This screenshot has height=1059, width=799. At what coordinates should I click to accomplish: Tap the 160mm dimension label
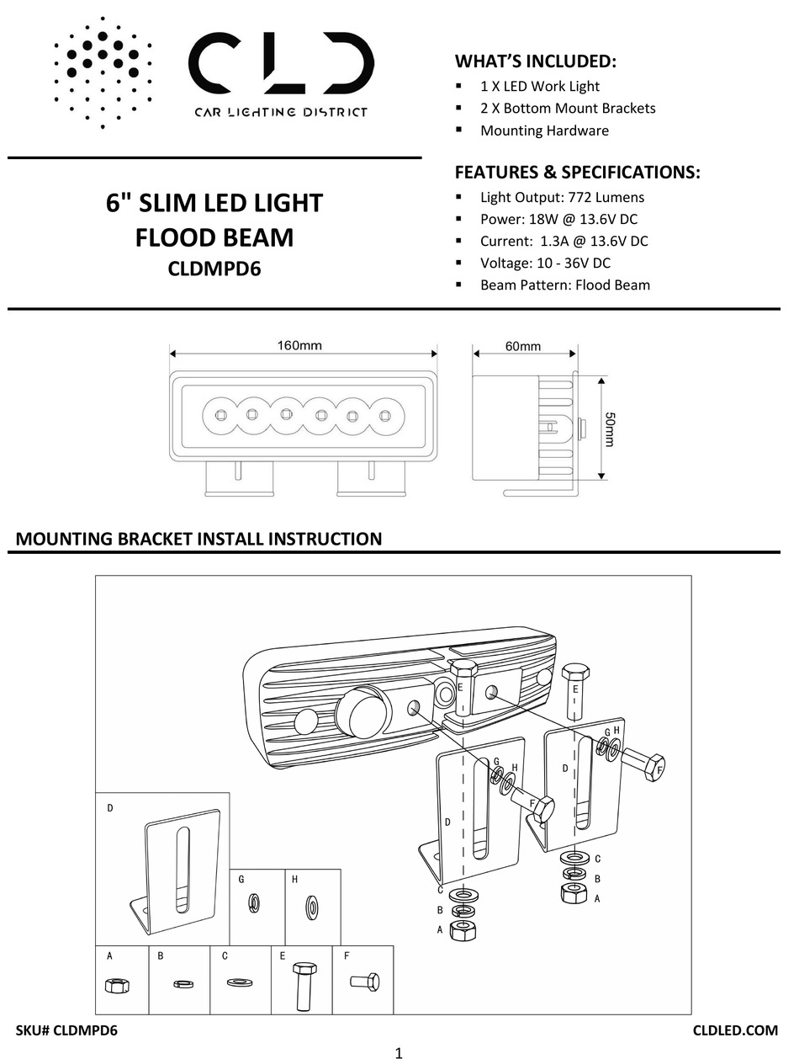pyautogui.click(x=299, y=345)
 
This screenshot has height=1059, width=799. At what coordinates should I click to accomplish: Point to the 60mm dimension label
pyautogui.click(x=523, y=346)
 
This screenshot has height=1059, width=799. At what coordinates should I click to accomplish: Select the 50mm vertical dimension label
pyautogui.click(x=610, y=429)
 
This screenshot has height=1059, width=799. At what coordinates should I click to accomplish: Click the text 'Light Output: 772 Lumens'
pyautogui.click(x=562, y=197)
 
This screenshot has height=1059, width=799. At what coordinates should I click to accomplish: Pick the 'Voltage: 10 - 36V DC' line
pyautogui.click(x=545, y=263)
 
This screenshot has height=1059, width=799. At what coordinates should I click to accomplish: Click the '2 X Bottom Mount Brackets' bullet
pyautogui.click(x=568, y=108)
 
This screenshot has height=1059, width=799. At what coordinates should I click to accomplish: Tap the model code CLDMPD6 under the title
pyautogui.click(x=214, y=270)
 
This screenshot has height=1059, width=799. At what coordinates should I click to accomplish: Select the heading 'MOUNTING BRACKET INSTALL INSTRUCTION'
pyautogui.click(x=198, y=539)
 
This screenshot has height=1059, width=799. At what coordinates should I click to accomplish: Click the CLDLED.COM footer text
pyautogui.click(x=735, y=1030)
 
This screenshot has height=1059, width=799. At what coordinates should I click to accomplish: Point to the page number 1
pyautogui.click(x=399, y=1051)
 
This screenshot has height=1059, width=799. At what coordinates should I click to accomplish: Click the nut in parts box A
pyautogui.click(x=115, y=985)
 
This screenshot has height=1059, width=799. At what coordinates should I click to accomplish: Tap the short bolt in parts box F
pyautogui.click(x=363, y=982)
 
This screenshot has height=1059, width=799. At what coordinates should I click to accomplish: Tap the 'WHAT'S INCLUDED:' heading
pyautogui.click(x=536, y=61)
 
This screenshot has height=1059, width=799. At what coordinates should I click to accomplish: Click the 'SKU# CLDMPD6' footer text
pyautogui.click(x=66, y=1030)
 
